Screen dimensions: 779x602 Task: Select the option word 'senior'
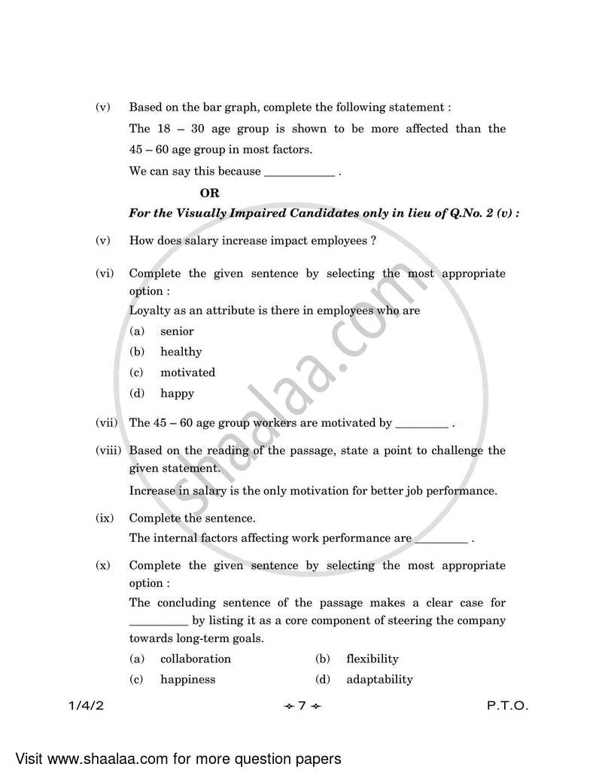coord(177,331)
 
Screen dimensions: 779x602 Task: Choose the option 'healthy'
coord(181,351)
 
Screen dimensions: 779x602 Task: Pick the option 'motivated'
coord(187,373)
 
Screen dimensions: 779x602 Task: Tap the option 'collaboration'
coord(196,659)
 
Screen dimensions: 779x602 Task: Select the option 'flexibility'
coord(372,659)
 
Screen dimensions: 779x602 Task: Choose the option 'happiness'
coord(187,679)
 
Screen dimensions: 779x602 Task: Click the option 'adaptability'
coord(379,679)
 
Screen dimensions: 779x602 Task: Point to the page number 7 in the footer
coord(301,706)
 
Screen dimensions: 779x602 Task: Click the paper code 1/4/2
coord(82,706)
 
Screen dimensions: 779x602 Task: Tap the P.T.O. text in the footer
coord(507,706)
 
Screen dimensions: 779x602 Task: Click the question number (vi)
coord(105,273)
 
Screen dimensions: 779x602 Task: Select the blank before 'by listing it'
coord(158,622)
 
